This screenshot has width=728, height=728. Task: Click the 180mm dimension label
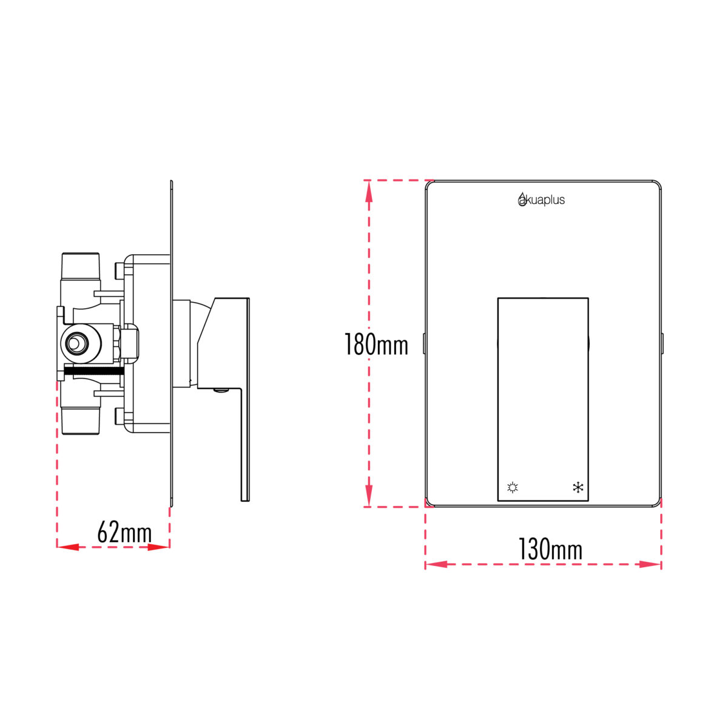point(376,344)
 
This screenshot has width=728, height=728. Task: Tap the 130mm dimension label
point(550,549)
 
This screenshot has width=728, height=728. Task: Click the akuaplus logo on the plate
point(541,199)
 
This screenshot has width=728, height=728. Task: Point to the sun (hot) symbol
point(513,488)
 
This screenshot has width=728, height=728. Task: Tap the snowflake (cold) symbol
point(578,488)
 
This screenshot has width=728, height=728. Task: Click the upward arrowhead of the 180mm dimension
point(369,192)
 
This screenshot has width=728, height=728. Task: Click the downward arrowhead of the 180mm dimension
point(369,495)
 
